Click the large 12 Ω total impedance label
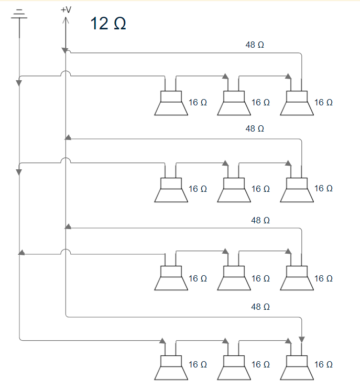(x=108, y=24)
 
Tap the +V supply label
(x=66, y=10)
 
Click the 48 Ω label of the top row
(x=255, y=45)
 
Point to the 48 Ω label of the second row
(x=255, y=128)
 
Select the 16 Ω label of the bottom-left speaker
(x=198, y=364)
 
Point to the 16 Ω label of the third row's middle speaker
(x=260, y=278)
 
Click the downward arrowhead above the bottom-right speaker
(x=302, y=339)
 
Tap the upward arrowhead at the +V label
(x=66, y=20)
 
